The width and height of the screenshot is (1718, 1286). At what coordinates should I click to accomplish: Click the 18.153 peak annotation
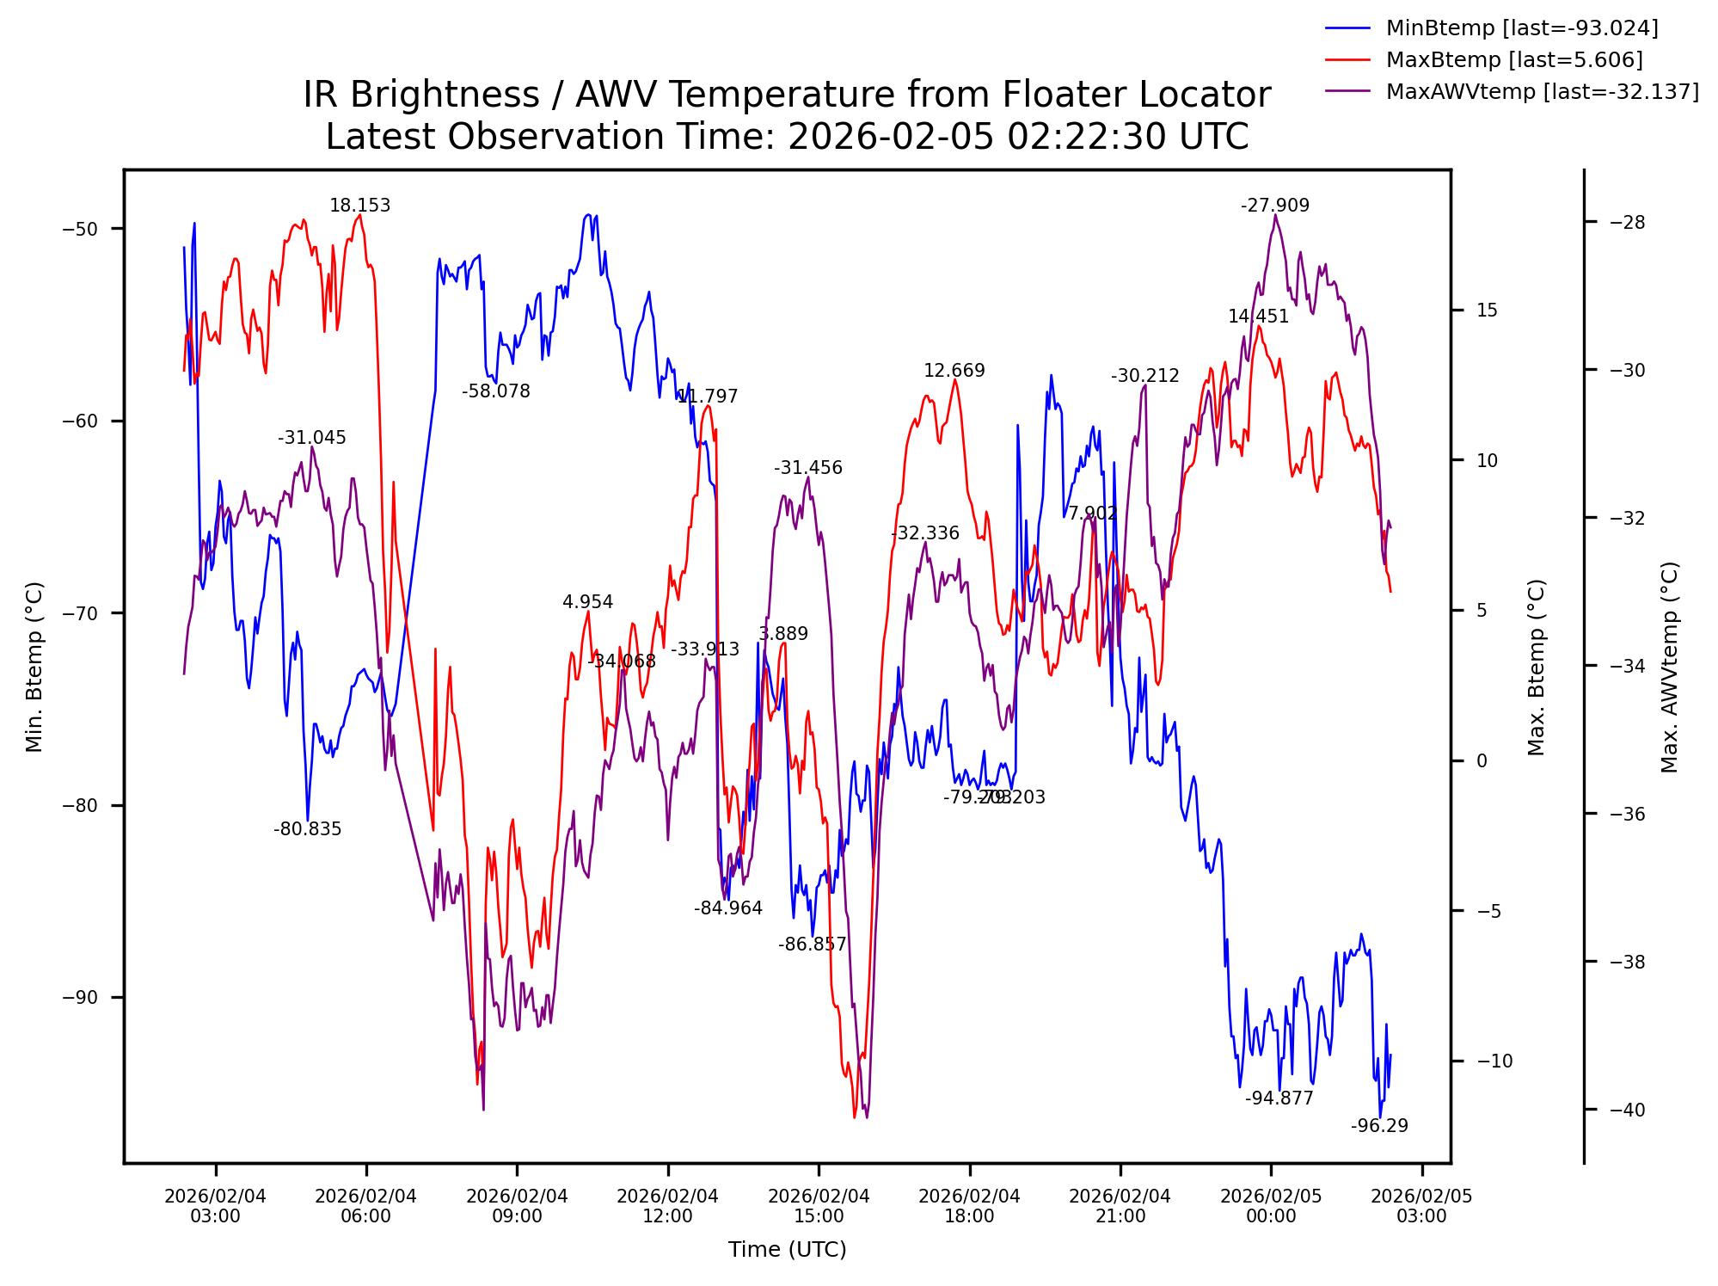pyautogui.click(x=359, y=206)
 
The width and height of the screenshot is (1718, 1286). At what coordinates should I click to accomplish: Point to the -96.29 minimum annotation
pyautogui.click(x=1379, y=1126)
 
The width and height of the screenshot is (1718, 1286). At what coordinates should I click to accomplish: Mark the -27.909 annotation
pyautogui.click(x=1274, y=206)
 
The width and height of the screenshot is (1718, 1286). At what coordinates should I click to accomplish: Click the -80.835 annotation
pyautogui.click(x=307, y=829)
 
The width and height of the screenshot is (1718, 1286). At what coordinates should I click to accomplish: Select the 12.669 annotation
pyautogui.click(x=954, y=371)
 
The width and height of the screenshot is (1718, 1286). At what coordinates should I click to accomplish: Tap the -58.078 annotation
pyautogui.click(x=495, y=391)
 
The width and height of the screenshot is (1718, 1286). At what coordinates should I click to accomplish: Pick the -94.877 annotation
pyautogui.click(x=1279, y=1098)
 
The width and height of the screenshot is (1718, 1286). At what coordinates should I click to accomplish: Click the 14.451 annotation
pyautogui.click(x=1258, y=317)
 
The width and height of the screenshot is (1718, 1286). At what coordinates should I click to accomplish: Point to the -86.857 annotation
pyautogui.click(x=812, y=945)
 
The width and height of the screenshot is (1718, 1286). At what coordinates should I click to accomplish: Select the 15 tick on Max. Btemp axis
pyautogui.click(x=1487, y=311)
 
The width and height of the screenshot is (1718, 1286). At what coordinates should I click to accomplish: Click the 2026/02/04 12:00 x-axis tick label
pyautogui.click(x=667, y=1206)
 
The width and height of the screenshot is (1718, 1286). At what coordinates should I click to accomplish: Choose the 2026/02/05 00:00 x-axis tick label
pyautogui.click(x=1271, y=1206)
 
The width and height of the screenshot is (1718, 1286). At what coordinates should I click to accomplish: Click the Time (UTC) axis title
pyautogui.click(x=787, y=1250)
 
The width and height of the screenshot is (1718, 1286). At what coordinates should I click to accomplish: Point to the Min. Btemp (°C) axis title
pyautogui.click(x=34, y=667)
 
